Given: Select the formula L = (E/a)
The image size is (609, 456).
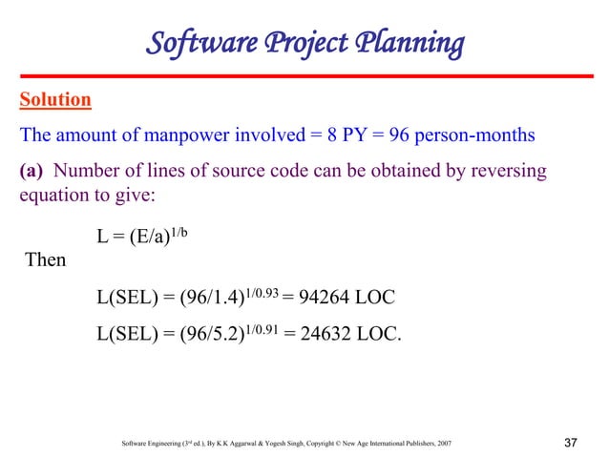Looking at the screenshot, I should point(132,238).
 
